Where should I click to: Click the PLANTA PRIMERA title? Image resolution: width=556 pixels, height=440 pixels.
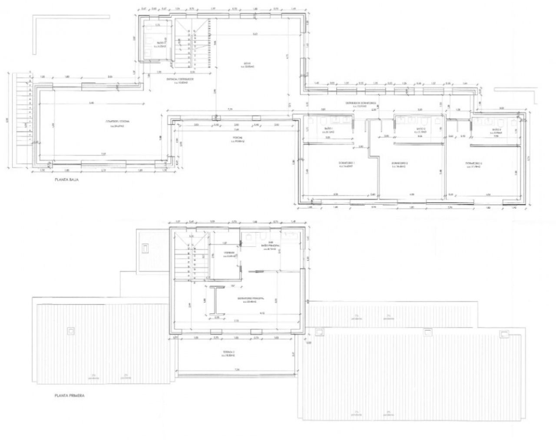point(69,395)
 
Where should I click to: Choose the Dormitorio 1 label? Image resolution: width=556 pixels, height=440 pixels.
point(347,164)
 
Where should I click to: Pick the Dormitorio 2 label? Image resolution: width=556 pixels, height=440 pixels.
point(399,164)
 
